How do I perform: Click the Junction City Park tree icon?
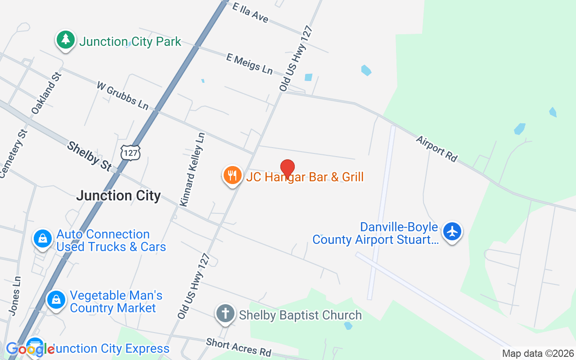click(66, 40)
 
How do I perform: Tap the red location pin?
click(288, 169)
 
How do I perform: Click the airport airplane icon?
click(452, 232)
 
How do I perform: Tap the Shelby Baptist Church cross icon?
click(225, 314)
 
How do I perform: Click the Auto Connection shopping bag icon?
click(43, 238)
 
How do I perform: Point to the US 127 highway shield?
click(130, 153)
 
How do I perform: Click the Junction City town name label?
click(118, 196)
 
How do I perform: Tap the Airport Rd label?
click(436, 148)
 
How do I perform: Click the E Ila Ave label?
click(251, 12)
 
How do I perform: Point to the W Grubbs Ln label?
click(122, 95)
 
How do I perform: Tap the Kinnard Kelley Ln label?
click(193, 169)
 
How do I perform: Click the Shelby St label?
click(90, 156)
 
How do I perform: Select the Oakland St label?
click(46, 92)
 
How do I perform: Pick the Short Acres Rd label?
click(238, 347)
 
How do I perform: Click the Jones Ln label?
click(15, 295)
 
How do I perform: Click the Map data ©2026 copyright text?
click(538, 354)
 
